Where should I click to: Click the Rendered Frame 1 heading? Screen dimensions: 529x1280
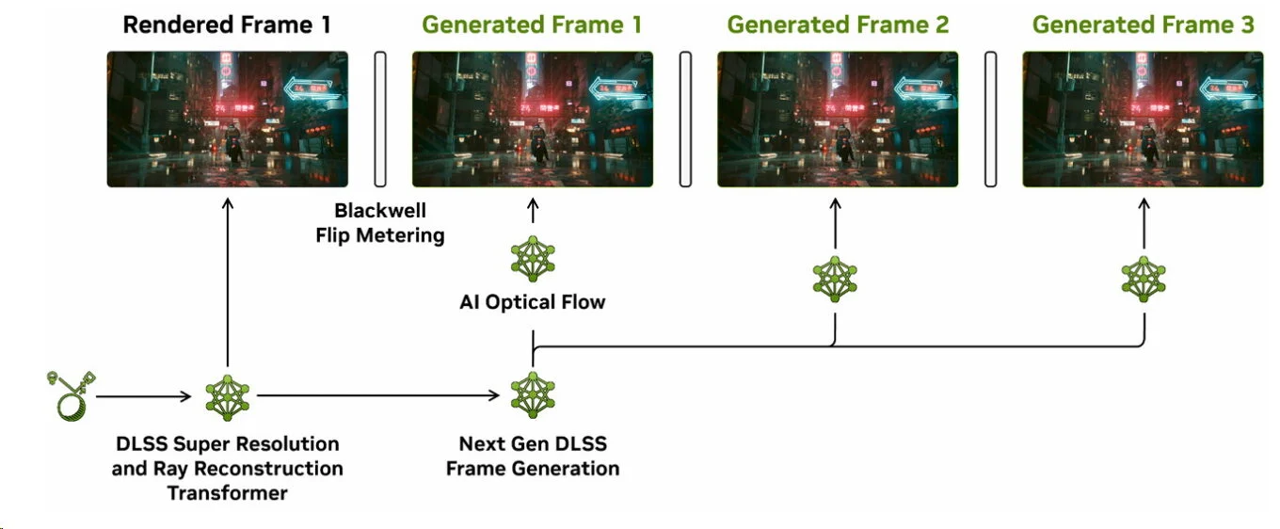227,25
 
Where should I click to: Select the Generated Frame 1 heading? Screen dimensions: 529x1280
532,25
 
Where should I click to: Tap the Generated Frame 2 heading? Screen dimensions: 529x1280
838,25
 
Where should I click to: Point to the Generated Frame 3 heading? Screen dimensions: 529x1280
1143,25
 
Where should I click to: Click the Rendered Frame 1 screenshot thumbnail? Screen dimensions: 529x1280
227,119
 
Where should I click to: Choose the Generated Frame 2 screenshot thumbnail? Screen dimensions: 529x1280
838,119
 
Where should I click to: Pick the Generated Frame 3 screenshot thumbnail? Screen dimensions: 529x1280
1143,119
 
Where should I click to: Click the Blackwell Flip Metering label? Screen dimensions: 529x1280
379,222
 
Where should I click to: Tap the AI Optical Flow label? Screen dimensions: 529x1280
532,302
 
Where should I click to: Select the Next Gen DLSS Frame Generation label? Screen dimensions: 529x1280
532,456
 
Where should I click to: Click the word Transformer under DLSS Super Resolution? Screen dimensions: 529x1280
227,492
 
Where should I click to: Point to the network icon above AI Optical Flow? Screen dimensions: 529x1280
532,260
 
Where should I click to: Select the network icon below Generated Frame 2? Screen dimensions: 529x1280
835,279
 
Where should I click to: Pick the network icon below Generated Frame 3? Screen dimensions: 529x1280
1144,279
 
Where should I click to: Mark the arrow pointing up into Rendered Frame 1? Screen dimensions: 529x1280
227,282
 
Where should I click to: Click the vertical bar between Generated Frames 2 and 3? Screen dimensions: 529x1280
991,119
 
